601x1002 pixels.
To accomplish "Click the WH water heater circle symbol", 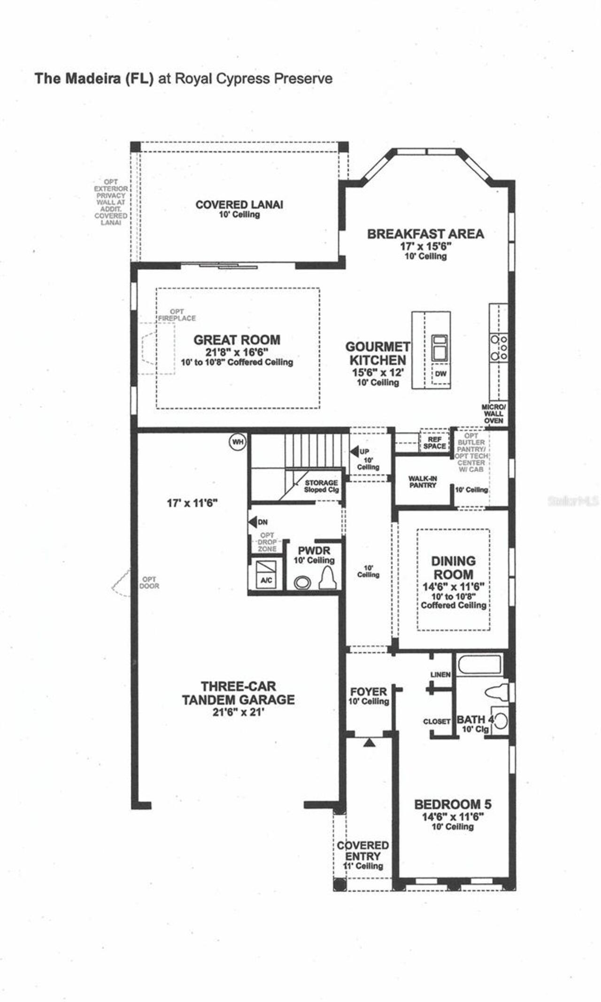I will coord(237,442).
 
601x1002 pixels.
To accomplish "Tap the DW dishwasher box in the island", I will coord(440,374).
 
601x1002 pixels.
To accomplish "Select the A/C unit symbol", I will coord(266,574).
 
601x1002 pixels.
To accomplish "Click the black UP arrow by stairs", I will coord(354,451).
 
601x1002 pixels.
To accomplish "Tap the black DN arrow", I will coord(253,522).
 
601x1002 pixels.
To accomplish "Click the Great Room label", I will coord(237,340).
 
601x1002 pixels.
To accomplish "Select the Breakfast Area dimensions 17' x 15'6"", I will coord(425,246).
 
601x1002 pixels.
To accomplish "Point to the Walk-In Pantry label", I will coord(423,482).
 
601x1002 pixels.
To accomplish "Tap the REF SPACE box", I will coord(434,443).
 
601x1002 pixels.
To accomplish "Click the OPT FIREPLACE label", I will coord(177,315).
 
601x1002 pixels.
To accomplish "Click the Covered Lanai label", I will coord(239,205).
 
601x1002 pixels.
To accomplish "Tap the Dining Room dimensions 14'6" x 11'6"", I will coord(453,587).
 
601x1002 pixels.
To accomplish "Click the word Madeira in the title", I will coord(92,78).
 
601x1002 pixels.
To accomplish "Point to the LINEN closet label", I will coord(440,675).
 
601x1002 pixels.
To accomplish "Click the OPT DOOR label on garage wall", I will coord(149,583).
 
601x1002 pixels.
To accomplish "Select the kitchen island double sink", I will coord(440,346).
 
